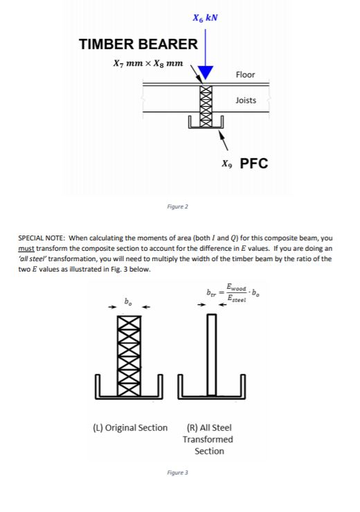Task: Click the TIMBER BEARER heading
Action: click(x=139, y=45)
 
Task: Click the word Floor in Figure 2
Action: click(x=245, y=74)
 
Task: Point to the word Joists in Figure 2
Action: click(x=246, y=100)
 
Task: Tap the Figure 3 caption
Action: click(x=178, y=473)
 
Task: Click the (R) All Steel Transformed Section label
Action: click(x=209, y=439)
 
